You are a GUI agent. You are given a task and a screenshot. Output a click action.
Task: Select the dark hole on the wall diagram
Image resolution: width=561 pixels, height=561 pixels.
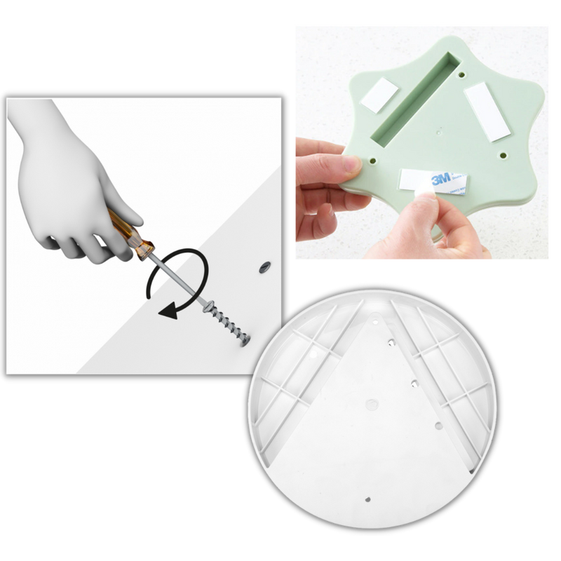265,266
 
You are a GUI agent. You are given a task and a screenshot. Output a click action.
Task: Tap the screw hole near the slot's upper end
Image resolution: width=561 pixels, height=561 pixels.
464,72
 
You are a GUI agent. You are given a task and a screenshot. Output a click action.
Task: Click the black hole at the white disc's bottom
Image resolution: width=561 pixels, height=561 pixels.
369,500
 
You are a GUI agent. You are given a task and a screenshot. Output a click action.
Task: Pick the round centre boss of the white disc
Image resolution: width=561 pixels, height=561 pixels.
371,405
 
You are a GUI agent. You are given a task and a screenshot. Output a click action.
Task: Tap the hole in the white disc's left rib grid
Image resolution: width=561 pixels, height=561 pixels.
313,358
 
